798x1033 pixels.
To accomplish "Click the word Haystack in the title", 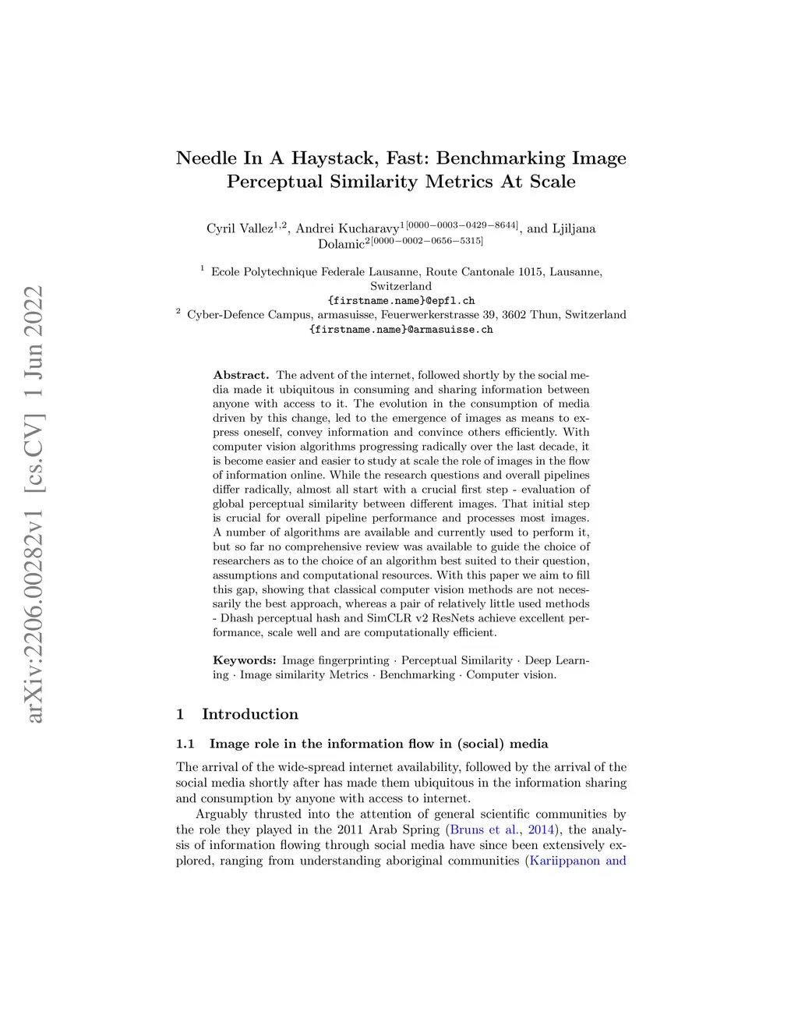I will [x=331, y=158].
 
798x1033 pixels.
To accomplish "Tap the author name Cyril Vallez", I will [x=239, y=228].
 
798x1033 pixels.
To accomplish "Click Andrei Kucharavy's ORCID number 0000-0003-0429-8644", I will [x=462, y=225].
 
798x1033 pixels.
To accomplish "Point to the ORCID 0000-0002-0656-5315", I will [x=427, y=241].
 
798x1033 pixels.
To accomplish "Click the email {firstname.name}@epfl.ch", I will [x=401, y=300].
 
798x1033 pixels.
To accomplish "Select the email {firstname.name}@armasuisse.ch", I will [x=401, y=329].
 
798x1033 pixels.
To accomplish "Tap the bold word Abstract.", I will [x=241, y=375].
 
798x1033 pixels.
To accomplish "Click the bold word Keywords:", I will [x=244, y=660].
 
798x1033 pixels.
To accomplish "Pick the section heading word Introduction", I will [x=249, y=714].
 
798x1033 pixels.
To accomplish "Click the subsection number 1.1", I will [x=185, y=744].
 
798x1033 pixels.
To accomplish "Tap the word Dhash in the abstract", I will [x=236, y=618].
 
